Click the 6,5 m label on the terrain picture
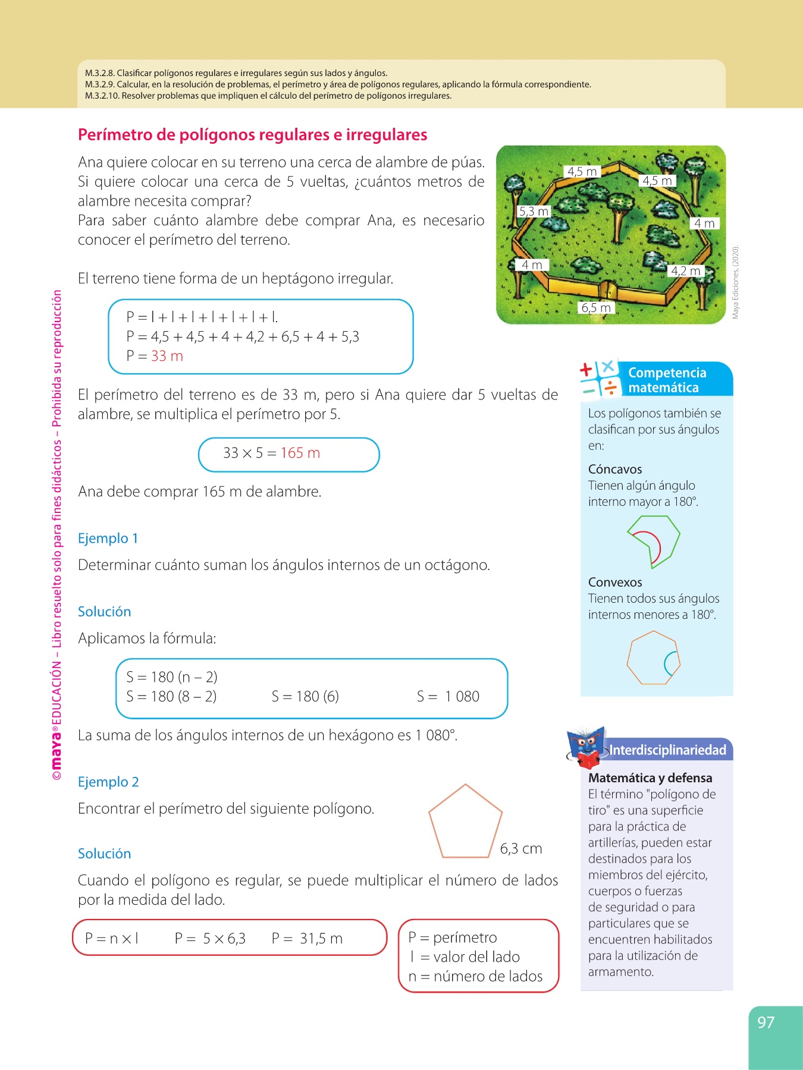596,307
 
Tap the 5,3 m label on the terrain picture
534,211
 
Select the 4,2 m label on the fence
686,271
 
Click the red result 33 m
167,356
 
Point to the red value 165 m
300,453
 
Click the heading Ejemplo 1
108,539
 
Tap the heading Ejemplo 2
108,782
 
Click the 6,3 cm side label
521,849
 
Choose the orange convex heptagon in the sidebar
653,658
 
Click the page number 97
766,1022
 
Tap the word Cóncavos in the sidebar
615,470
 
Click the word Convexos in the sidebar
615,583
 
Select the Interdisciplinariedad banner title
667,750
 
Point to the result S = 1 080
448,697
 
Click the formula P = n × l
112,939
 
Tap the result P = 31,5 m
307,939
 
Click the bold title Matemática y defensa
650,778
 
